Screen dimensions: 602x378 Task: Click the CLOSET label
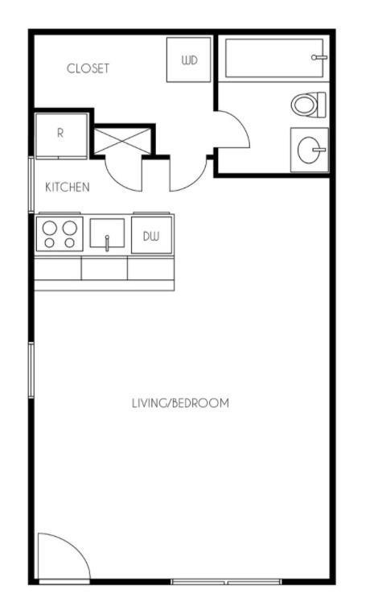(88, 68)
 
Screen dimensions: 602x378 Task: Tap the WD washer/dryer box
(189, 60)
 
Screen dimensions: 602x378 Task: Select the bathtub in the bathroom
(274, 58)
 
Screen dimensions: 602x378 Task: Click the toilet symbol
(309, 105)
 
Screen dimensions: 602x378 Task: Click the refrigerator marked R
(61, 134)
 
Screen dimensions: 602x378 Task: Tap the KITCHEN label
(67, 188)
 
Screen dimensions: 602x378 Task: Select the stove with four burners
(60, 234)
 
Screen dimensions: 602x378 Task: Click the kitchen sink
(106, 235)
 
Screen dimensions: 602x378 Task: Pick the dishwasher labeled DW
(151, 236)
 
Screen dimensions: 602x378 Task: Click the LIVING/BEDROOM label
(180, 403)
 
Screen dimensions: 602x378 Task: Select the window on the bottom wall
(225, 581)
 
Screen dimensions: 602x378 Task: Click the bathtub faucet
(319, 58)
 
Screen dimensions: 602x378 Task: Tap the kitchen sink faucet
(106, 242)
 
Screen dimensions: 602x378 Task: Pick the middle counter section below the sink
(105, 269)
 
